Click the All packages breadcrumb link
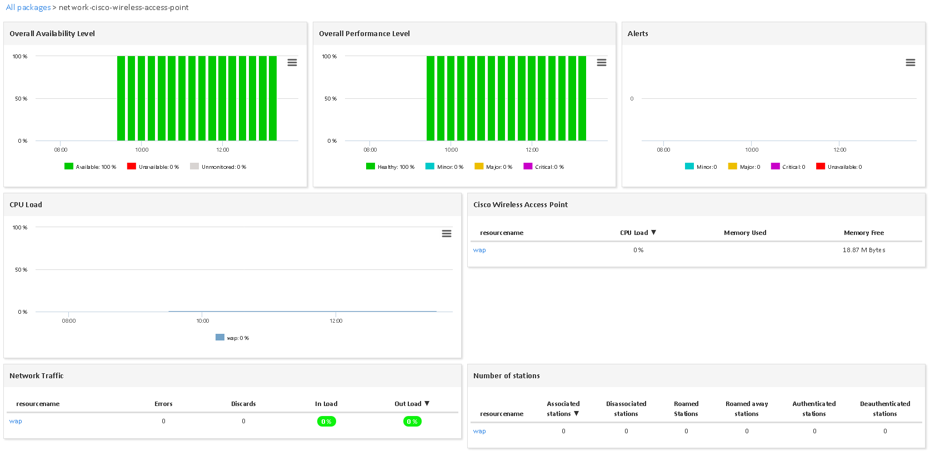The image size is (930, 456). (x=28, y=7)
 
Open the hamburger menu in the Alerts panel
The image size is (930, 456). (x=910, y=63)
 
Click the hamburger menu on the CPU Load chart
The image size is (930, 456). (x=446, y=234)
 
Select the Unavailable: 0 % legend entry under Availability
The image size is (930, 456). (x=153, y=167)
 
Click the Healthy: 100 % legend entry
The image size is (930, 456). (x=390, y=167)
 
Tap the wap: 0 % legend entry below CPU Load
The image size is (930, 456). (x=232, y=338)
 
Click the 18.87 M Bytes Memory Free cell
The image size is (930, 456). (x=863, y=250)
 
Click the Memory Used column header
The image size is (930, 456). (x=744, y=233)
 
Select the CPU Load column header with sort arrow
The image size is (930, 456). (x=637, y=233)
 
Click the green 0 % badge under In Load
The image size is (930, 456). (x=326, y=422)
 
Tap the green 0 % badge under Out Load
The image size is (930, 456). (x=412, y=422)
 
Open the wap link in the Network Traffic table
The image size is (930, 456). (x=16, y=421)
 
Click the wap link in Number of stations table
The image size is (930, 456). (x=479, y=431)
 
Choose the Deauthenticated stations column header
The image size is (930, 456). (x=884, y=409)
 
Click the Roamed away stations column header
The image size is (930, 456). (x=746, y=409)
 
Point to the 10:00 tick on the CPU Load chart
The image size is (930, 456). (x=202, y=320)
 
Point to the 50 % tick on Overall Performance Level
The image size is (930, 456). (x=331, y=99)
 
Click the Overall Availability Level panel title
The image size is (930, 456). (x=52, y=33)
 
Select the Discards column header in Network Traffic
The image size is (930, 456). (x=243, y=404)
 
